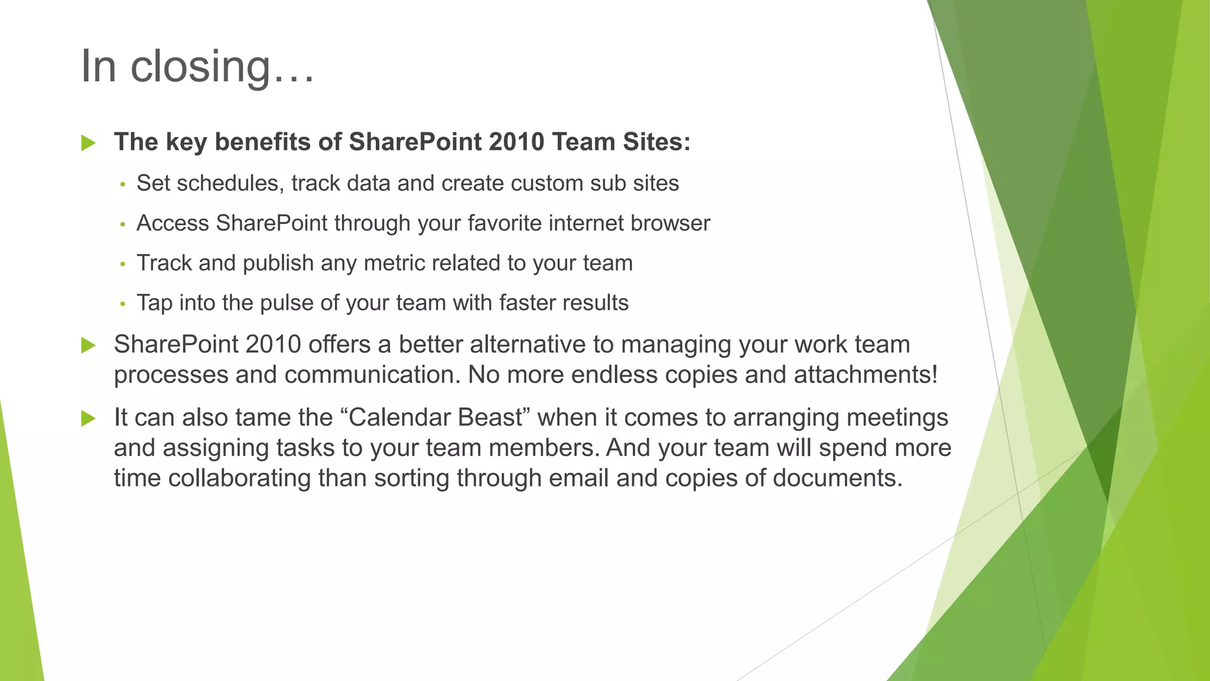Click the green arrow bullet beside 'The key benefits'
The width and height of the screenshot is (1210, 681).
click(x=89, y=142)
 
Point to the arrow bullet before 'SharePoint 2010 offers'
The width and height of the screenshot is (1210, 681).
click(x=89, y=345)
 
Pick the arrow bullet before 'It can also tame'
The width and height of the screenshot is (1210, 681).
click(x=89, y=419)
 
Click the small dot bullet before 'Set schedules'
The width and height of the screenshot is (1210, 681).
click(x=123, y=184)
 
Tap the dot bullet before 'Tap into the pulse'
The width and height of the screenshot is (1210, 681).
click(x=123, y=304)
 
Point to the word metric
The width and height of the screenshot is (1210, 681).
click(x=395, y=263)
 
